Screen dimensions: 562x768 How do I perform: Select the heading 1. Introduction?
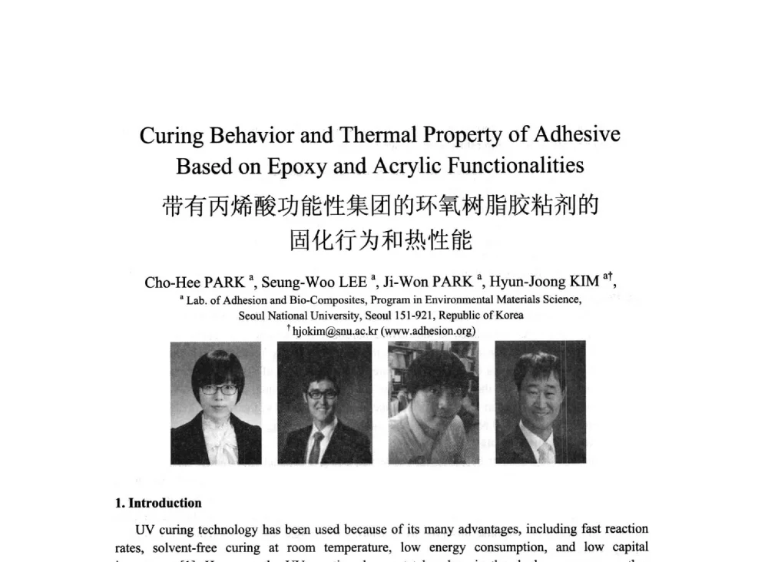click(158, 504)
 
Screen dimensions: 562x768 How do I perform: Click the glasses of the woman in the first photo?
click(219, 389)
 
